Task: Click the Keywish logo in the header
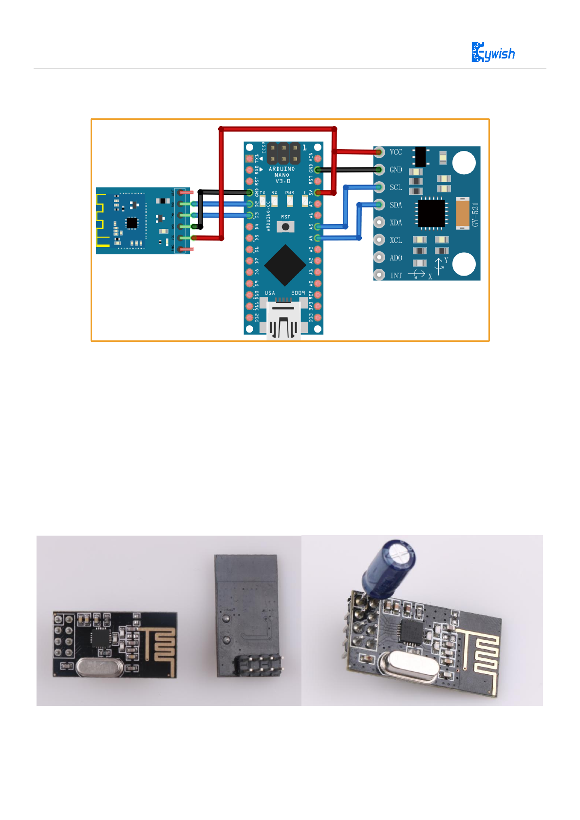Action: pyautogui.click(x=493, y=52)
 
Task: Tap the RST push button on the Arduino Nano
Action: pyautogui.click(x=285, y=226)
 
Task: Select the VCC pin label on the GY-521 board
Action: pyautogui.click(x=396, y=152)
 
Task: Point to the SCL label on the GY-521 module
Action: pyautogui.click(x=396, y=187)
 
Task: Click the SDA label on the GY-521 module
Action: pyautogui.click(x=396, y=205)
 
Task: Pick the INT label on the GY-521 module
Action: pyautogui.click(x=396, y=276)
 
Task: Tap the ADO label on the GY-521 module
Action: pyautogui.click(x=396, y=258)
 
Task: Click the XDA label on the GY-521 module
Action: pyautogui.click(x=396, y=223)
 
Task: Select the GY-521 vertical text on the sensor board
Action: pyautogui.click(x=476, y=214)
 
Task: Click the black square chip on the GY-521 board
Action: pyautogui.click(x=431, y=213)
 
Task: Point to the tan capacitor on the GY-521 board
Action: pyautogui.click(x=462, y=213)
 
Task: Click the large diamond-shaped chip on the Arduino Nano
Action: pyautogui.click(x=285, y=265)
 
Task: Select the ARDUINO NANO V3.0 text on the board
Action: pyautogui.click(x=282, y=175)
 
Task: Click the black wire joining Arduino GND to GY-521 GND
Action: pyautogui.click(x=348, y=169)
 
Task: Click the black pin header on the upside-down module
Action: pyautogui.click(x=259, y=666)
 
